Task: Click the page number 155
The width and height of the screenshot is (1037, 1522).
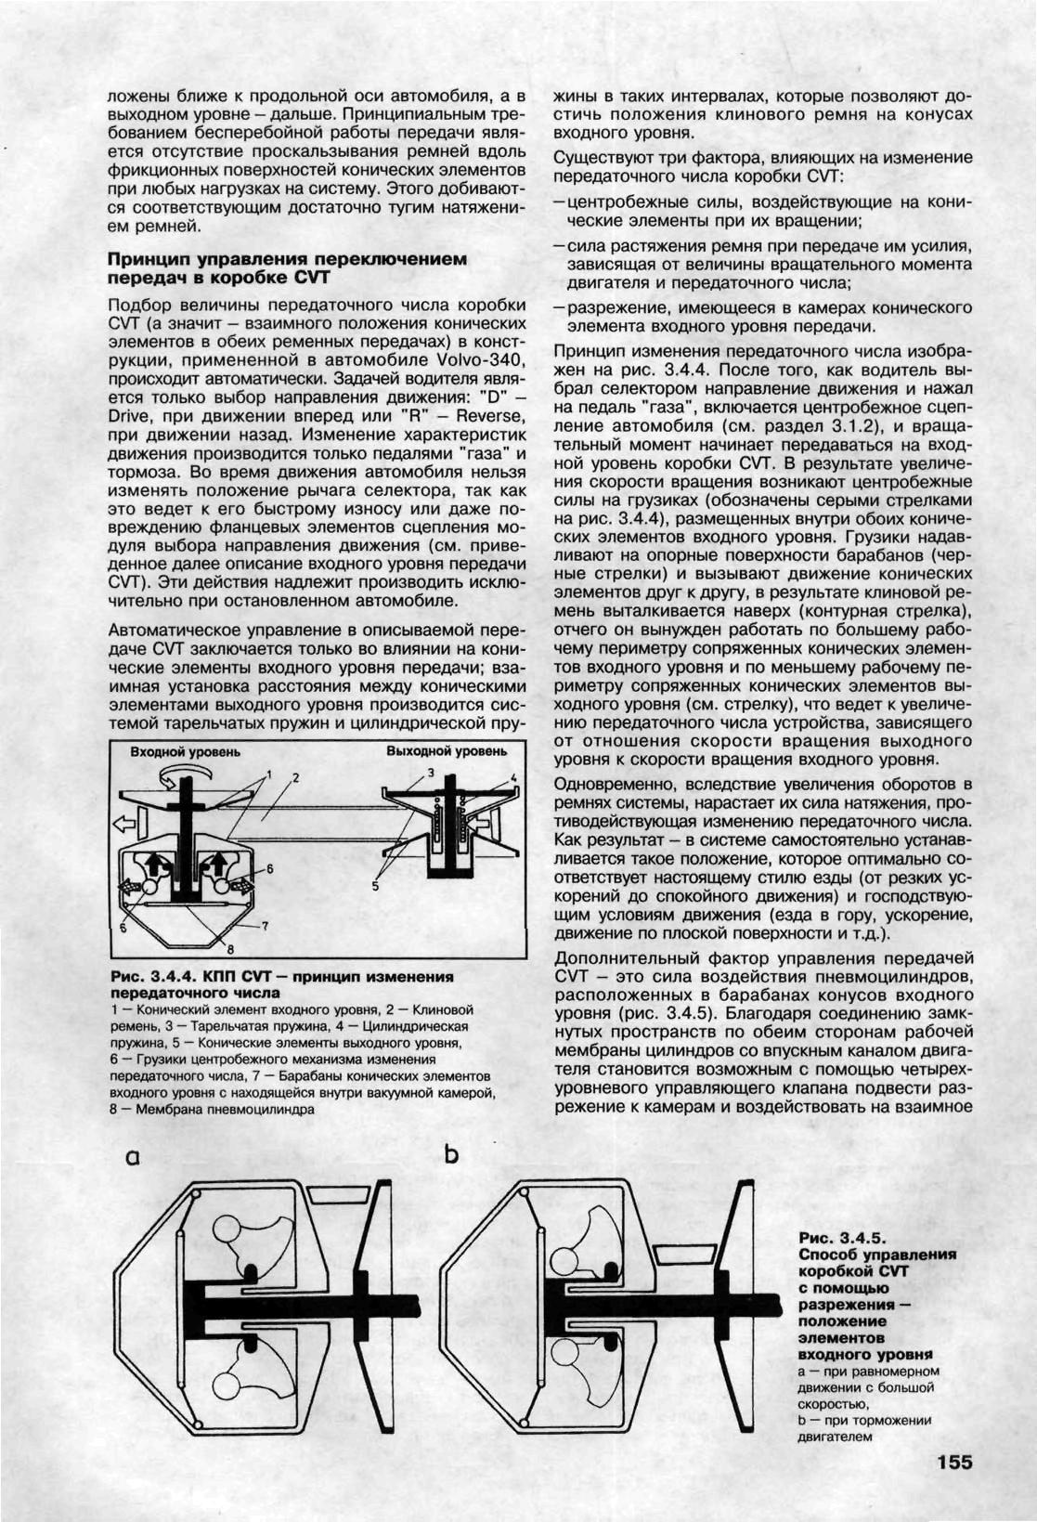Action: (x=954, y=1463)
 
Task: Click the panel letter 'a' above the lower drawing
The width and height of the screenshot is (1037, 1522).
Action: (x=134, y=1157)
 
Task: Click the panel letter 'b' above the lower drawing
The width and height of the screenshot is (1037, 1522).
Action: (x=452, y=1154)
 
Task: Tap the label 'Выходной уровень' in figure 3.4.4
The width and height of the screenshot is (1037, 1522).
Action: (x=447, y=751)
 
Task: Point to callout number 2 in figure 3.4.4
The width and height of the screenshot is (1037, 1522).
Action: (x=294, y=777)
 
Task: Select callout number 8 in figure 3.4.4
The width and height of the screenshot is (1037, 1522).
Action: (x=231, y=948)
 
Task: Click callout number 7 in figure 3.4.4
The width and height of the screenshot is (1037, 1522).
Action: (x=264, y=926)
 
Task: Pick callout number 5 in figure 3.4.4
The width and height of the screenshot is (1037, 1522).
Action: (x=375, y=886)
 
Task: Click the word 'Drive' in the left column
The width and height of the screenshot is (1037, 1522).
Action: (x=130, y=416)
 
